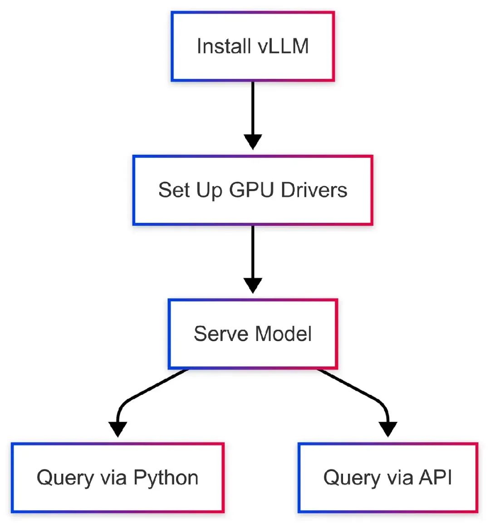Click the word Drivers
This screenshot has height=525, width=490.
[x=314, y=190]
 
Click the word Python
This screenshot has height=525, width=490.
[x=166, y=478]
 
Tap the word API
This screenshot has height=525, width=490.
[x=435, y=478]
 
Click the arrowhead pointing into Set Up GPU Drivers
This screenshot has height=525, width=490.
[x=253, y=142]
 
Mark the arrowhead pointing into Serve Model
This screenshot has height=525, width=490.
[x=253, y=285]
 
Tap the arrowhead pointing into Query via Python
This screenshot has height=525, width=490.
[x=118, y=429]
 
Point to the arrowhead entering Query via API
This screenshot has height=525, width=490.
[x=387, y=429]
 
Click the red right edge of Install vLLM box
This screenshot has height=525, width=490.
[x=333, y=46]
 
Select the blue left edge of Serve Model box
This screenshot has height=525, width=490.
[x=169, y=334]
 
